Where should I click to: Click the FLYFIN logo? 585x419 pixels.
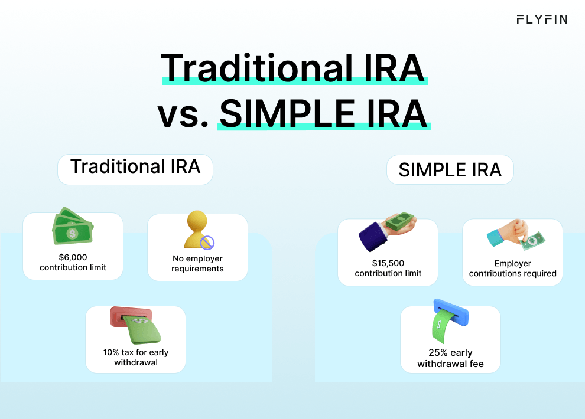(541, 19)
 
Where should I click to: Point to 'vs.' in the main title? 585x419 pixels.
(183, 114)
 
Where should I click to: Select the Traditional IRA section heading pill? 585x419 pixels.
(135, 167)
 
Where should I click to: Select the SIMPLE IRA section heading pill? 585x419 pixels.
(450, 171)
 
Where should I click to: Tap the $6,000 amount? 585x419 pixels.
(73, 257)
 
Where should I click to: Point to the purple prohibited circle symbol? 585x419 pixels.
(207, 242)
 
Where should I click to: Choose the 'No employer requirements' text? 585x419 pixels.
(197, 263)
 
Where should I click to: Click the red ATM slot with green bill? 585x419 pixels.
(135, 325)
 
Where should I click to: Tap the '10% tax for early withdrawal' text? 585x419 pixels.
(135, 357)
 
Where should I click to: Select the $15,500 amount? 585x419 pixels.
(388, 263)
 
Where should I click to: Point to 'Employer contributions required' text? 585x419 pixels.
(512, 269)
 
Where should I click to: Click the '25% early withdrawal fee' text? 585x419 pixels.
(450, 358)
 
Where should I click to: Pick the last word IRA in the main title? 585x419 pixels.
(390, 113)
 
